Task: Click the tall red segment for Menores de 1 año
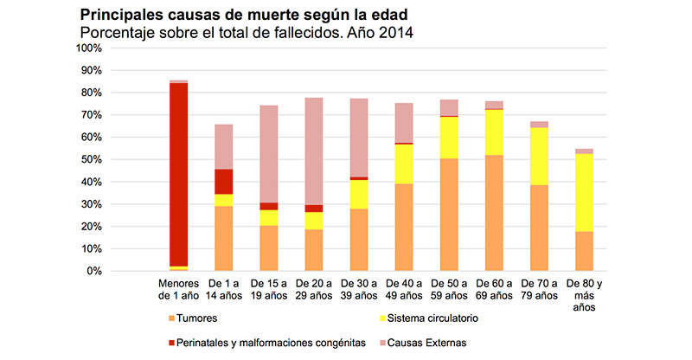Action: click(178, 173)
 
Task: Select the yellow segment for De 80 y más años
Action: click(584, 192)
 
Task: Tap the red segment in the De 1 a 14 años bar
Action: click(224, 181)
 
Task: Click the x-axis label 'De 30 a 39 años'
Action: click(359, 288)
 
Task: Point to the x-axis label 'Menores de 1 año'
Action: click(178, 288)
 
